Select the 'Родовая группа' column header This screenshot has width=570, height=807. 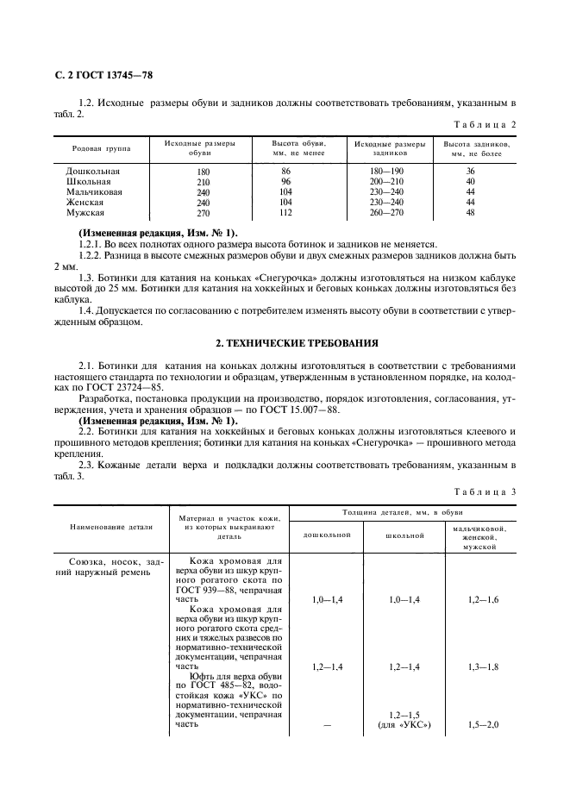tap(101, 148)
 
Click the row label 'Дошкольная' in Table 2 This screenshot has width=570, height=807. tap(92, 172)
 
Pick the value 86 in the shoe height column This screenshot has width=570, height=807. tap(286, 172)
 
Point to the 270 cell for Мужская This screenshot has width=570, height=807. tap(204, 213)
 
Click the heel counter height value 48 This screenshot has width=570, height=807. tap(470, 213)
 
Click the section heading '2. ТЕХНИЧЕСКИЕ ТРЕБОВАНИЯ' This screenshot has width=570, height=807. tap(285, 343)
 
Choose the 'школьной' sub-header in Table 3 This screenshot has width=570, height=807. tap(404, 535)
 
